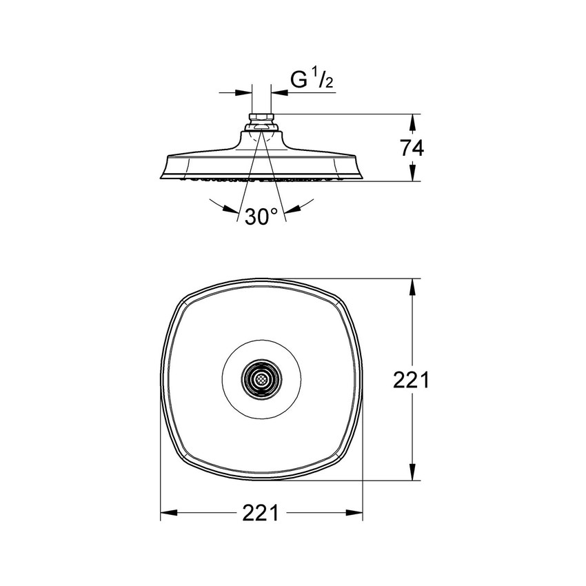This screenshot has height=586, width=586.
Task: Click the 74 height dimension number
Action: click(412, 148)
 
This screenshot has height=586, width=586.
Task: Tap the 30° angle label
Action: click(261, 216)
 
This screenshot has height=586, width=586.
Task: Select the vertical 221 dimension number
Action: click(411, 381)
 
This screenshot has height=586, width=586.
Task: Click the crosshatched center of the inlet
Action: click(261, 379)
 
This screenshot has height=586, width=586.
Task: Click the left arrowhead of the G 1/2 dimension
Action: click(243, 92)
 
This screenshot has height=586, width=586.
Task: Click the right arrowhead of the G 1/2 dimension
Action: click(279, 92)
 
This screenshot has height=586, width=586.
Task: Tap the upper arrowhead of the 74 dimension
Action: click(412, 122)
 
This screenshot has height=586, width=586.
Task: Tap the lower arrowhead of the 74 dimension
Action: click(412, 173)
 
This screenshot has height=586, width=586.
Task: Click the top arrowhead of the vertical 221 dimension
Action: click(412, 287)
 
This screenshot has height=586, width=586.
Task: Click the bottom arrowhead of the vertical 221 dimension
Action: click(412, 472)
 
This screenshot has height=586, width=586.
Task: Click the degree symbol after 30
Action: click(274, 211)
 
